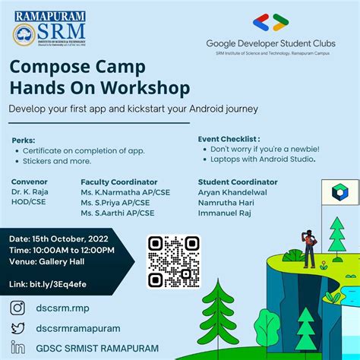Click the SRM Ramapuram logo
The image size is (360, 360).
49,29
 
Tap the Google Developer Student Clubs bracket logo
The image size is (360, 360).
271,22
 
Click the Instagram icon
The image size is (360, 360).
17,308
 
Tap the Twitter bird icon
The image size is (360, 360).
17,328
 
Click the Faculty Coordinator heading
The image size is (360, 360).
118,182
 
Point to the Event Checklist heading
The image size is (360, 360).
229,140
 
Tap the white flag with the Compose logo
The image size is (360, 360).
335,194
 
